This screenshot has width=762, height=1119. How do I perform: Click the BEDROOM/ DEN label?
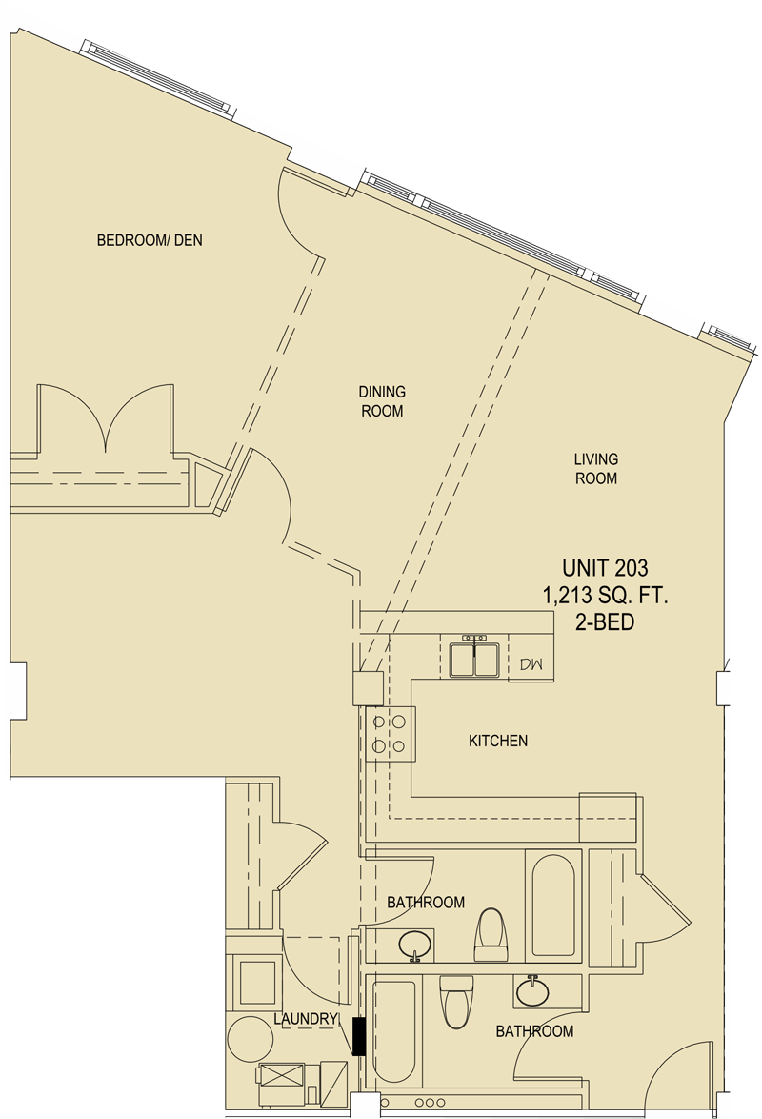click(x=150, y=240)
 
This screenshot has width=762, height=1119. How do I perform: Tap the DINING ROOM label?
click(x=382, y=401)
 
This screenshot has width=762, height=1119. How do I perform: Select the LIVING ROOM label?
click(x=596, y=469)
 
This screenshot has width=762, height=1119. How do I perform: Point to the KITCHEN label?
click(x=498, y=741)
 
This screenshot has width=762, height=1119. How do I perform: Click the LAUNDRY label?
click(x=306, y=1019)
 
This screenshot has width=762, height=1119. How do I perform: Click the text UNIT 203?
click(x=605, y=568)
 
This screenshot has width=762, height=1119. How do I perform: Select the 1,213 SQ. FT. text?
click(x=605, y=595)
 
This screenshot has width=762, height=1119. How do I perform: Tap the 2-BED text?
click(x=605, y=621)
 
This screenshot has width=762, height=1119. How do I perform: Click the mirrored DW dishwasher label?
click(x=531, y=664)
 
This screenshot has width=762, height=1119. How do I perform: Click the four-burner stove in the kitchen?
click(x=390, y=734)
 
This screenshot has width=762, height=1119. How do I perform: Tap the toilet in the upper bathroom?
click(x=491, y=935)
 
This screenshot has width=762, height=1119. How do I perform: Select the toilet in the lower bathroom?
click(x=456, y=1001)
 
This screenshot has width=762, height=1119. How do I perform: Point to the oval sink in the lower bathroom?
click(x=532, y=991)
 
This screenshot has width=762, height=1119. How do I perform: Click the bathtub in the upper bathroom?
click(x=553, y=905)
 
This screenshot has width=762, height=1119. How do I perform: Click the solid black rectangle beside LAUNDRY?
click(x=359, y=1036)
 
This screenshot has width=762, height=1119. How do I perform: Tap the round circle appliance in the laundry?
click(x=250, y=1038)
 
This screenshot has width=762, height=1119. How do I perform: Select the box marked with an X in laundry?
click(x=281, y=1075)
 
